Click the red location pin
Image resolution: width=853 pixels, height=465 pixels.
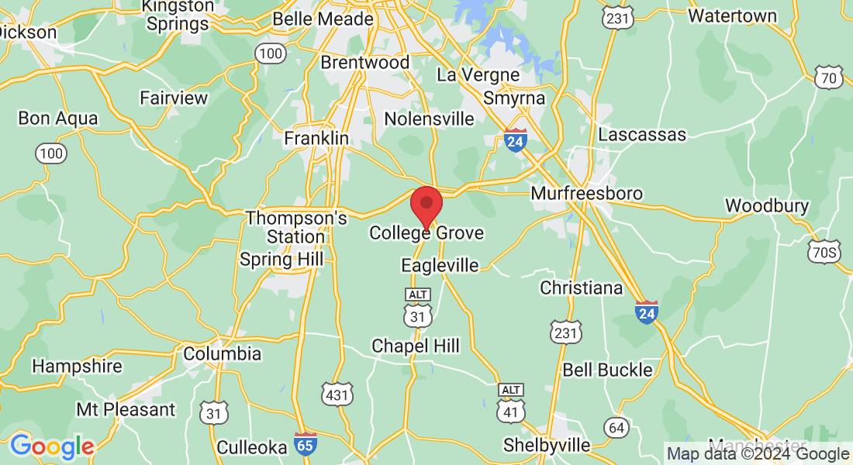[426, 204]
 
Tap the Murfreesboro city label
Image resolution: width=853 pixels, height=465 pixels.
[586, 193]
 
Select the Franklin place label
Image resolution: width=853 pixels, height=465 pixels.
[316, 138]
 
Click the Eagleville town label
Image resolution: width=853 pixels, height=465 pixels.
[440, 265]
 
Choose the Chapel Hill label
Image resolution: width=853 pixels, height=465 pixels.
[415, 346]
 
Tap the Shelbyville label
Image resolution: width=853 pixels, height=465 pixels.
[547, 445]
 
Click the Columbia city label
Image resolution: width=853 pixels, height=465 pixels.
[223, 354]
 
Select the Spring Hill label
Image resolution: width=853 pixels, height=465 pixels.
[281, 259]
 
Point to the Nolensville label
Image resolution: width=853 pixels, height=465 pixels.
[429, 119]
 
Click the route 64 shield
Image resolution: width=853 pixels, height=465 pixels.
[617, 427]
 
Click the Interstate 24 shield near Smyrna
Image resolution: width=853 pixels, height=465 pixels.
[515, 140]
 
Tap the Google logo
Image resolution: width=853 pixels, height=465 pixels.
[51, 446]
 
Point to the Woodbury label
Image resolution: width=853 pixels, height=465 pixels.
[767, 206]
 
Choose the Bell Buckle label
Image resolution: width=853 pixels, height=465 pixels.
[607, 370]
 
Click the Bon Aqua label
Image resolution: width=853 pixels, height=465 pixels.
[58, 119]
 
